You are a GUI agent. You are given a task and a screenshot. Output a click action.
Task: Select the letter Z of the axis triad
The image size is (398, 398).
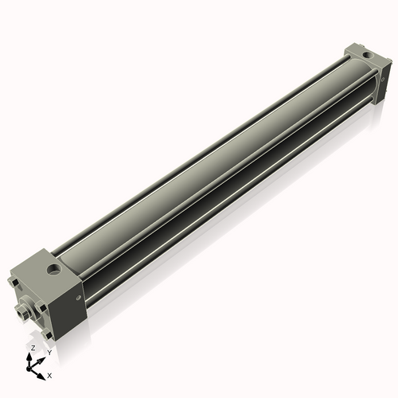coord(32,349)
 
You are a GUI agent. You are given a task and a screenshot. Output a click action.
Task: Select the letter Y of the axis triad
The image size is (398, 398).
coord(49,353)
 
